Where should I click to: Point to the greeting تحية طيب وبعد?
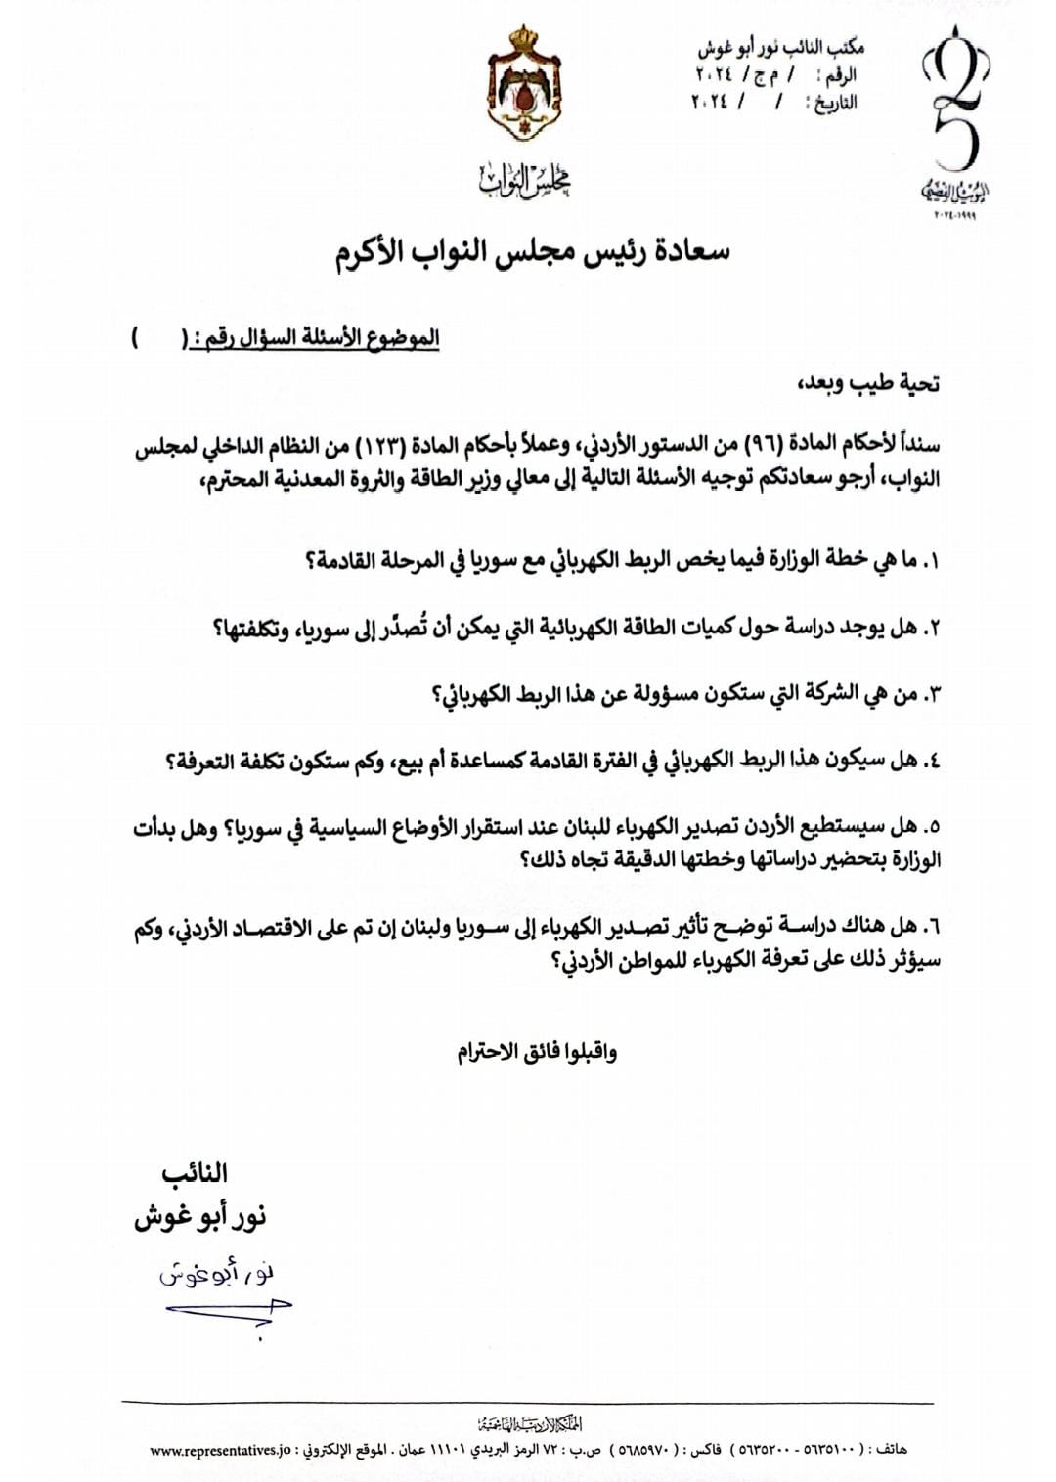869,383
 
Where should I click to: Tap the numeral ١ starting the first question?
930,562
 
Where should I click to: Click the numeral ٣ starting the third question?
930,695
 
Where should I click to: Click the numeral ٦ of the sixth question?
930,926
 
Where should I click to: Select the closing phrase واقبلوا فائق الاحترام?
537,1052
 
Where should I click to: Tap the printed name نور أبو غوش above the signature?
199,1218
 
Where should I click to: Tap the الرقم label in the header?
840,74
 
